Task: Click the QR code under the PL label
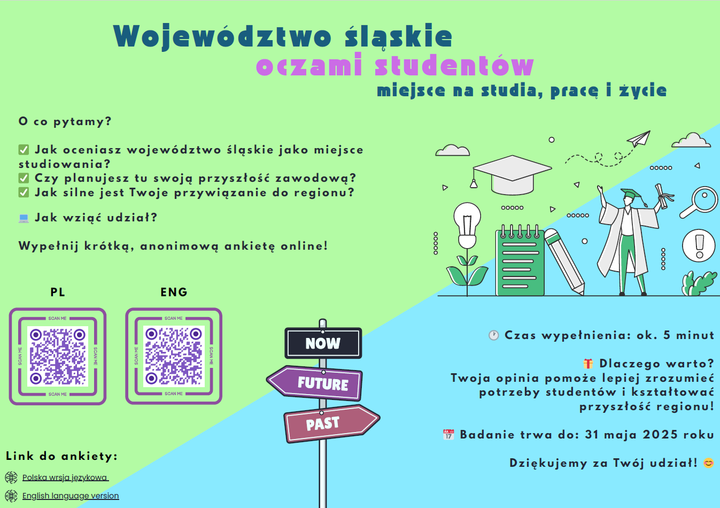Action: pos(58,356)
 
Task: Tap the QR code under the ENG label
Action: pos(174,356)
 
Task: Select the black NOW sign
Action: pos(323,343)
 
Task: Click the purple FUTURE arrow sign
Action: pos(315,383)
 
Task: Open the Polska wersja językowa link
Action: pos(65,478)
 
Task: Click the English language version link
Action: pos(71,496)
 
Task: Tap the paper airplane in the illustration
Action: pos(639,138)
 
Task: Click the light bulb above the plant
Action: pos(467,225)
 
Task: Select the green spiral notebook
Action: pos(520,260)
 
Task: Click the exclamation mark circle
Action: pos(699,246)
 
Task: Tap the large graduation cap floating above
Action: pos(512,175)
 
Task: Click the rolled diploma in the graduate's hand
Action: pos(663,196)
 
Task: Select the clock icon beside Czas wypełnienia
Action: pos(494,335)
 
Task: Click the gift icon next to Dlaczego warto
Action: pos(588,364)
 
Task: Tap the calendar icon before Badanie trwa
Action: pos(448,434)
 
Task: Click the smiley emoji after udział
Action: pos(708,463)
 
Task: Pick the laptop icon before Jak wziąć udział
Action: pos(24,218)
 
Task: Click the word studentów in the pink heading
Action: pos(454,65)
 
